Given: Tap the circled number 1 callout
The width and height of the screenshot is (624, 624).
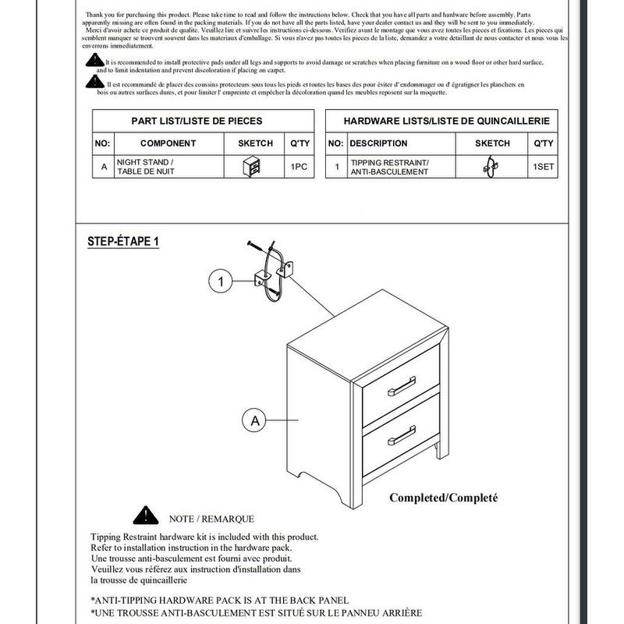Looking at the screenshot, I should click(x=222, y=279).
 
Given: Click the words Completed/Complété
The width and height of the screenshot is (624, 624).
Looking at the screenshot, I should click(x=443, y=498).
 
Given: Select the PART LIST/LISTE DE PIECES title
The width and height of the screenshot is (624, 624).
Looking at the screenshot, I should click(x=196, y=121).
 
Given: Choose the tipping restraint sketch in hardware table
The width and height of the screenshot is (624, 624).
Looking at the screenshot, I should click(x=492, y=167).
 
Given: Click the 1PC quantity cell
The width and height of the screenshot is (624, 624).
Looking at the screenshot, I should click(x=300, y=167).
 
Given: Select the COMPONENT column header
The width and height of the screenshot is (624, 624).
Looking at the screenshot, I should click(x=168, y=144).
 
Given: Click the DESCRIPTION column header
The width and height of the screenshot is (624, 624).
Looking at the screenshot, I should click(x=378, y=144).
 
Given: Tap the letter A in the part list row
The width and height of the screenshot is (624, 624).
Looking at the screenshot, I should click(x=104, y=167).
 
